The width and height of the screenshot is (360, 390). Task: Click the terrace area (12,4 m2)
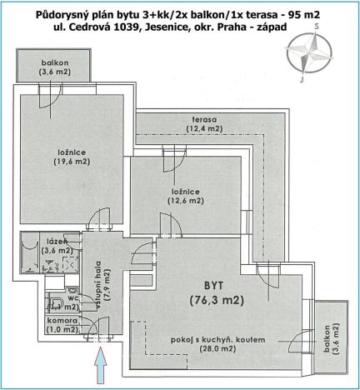[203, 128]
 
